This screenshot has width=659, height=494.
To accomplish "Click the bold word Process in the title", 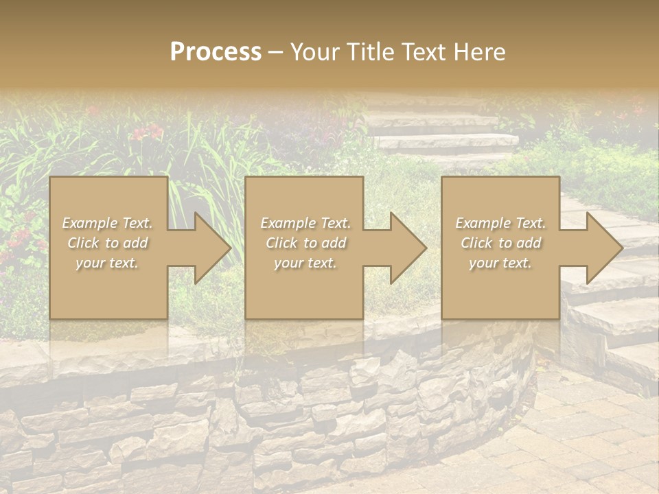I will click(216, 51).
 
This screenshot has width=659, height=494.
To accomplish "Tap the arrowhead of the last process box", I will click(605, 248).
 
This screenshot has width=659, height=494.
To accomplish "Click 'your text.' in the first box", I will click(107, 263).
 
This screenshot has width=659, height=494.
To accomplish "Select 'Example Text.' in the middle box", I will click(305, 223).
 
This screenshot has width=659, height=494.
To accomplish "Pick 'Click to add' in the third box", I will click(501, 243).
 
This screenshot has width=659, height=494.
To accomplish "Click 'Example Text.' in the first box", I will click(107, 223).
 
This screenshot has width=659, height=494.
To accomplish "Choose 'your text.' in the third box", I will click(500, 263).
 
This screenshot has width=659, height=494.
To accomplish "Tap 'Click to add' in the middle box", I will click(305, 243).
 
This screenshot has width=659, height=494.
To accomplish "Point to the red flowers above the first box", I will click(147, 132).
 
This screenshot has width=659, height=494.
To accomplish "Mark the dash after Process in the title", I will click(275, 53).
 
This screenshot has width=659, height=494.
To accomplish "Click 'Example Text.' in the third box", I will click(500, 223).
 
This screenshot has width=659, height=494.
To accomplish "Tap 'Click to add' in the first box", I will click(107, 243).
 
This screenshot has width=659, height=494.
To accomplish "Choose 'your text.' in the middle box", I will click(305, 263).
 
